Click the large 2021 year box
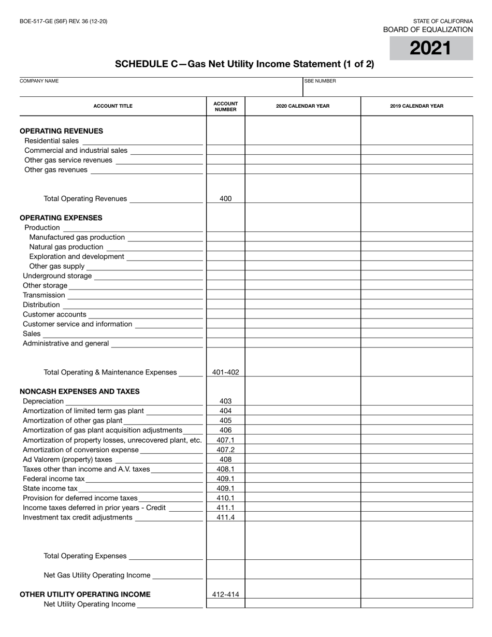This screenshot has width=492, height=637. tap(431, 48)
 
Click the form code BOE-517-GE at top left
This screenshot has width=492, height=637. tap(64, 21)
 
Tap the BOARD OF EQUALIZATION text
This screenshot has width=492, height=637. tap(428, 30)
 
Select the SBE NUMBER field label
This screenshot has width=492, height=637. tap(320, 81)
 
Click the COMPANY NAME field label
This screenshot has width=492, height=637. tap(39, 81)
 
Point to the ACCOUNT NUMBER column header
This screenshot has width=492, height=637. tap(225, 106)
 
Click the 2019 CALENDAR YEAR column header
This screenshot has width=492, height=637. tap(416, 106)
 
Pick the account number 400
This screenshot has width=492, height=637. tap(225, 198)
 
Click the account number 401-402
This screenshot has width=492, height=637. tap(225, 372)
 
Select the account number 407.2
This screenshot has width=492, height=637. tap(225, 450)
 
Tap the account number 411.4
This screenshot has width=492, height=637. tap(225, 517)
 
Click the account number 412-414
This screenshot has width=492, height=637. tap(225, 595)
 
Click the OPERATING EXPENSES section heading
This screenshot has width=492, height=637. tap(61, 218)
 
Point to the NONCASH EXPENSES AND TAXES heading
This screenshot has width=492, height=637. tap(79, 392)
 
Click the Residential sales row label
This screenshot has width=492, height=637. tap(52, 141)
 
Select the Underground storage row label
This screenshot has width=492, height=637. tap(57, 276)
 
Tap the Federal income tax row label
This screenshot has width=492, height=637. tap(53, 479)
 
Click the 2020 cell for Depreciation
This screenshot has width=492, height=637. tap(302, 401)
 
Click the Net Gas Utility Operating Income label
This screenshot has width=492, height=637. tap(97, 575)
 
